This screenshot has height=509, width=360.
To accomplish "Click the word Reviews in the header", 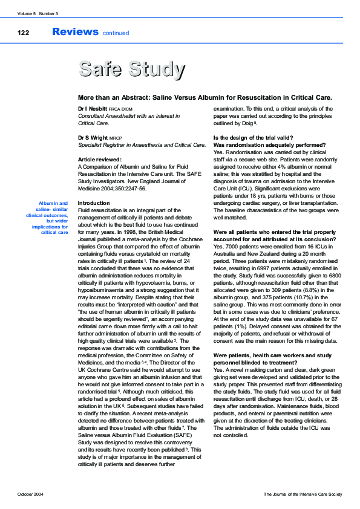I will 75,31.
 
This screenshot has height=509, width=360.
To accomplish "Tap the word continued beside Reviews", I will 116,33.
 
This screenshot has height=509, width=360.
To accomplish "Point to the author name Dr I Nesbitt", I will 94,108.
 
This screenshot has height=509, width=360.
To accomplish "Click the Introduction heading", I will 94,203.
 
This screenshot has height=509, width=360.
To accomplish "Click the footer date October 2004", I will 30,494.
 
